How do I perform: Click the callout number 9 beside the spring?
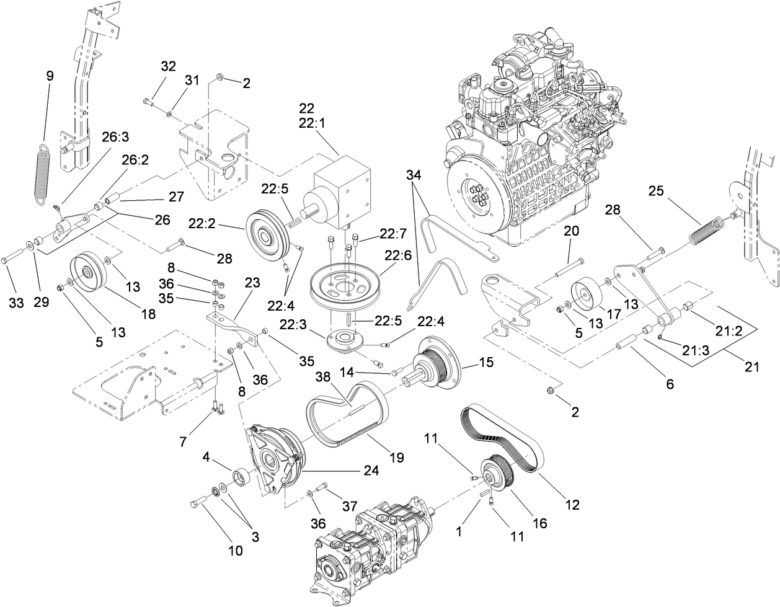tap(50, 76)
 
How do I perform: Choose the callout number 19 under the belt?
tap(396, 458)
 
